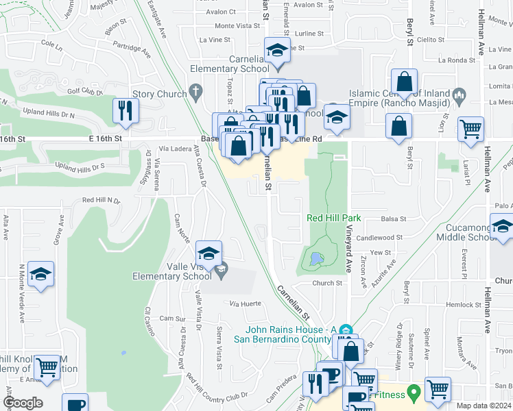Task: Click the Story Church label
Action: click(x=157, y=94)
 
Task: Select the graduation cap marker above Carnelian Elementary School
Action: click(x=278, y=52)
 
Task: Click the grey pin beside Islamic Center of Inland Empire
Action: click(x=459, y=94)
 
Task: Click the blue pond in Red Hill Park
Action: click(x=315, y=260)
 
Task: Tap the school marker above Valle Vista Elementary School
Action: click(x=208, y=251)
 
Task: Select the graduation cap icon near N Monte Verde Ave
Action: click(x=41, y=275)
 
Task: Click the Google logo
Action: click(x=23, y=403)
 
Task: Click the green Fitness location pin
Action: click(x=413, y=393)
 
